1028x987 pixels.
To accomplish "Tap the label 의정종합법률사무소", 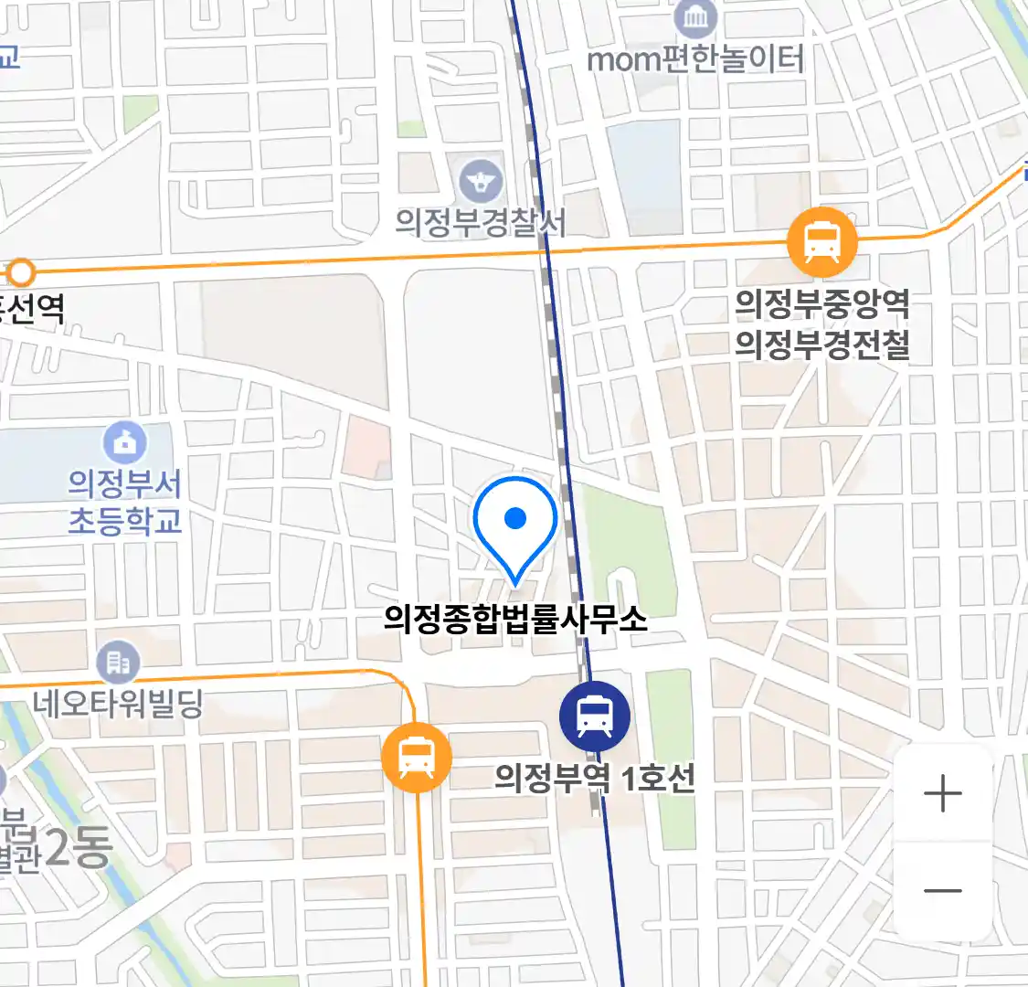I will pos(515,620).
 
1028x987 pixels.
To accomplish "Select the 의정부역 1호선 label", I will pos(595,779).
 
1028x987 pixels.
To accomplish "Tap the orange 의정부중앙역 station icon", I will pos(822,242).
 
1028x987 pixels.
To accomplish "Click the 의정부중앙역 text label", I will pos(822,303).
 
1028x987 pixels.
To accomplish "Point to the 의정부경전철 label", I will pos(822,345).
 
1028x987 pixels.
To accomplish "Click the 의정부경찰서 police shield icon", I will pos(482,181).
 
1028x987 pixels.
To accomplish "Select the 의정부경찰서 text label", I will pos(481,223).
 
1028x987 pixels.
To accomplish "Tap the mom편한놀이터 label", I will pos(695,60).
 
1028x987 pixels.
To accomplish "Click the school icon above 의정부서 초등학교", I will pos(125,443).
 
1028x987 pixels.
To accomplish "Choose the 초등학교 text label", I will pos(125,522).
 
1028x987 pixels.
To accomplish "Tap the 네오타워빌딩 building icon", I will pos(118,662).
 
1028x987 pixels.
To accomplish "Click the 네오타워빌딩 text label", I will pos(118,704).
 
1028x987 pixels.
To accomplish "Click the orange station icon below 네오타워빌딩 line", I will pos(417,758).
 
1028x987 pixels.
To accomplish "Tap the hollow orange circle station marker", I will pos(20,272).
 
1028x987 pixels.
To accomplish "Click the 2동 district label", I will pos(78,849).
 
